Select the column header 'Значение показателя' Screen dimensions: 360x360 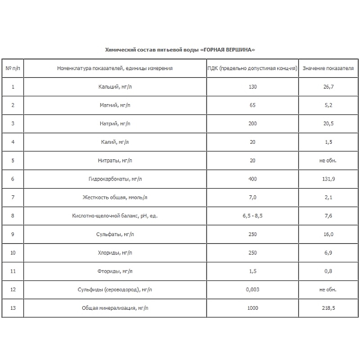pos(328,68)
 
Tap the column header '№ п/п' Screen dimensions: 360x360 pos(13,68)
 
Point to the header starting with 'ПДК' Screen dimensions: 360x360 pos(252,68)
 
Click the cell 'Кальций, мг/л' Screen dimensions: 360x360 pos(115,87)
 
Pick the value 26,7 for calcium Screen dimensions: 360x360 pos(328,87)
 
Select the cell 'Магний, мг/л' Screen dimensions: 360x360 pos(115,105)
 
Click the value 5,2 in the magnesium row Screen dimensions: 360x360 pos(328,105)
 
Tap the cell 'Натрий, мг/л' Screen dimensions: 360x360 pos(115,123)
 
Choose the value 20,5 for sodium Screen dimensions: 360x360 pos(328,123)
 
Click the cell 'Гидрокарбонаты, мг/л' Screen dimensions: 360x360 pos(115,179)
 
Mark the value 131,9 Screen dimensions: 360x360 pos(328,179)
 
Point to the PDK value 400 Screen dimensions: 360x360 pos(252,179)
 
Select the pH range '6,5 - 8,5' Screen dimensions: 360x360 pos(252,216)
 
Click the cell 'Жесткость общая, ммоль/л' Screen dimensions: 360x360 pos(115,197)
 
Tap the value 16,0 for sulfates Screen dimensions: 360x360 pos(328,234)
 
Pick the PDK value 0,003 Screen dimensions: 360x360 pos(252,289)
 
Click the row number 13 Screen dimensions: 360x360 pos(13,308)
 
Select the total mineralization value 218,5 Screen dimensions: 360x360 pos(328,308)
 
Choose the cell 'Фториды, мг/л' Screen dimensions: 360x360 pos(115,271)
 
